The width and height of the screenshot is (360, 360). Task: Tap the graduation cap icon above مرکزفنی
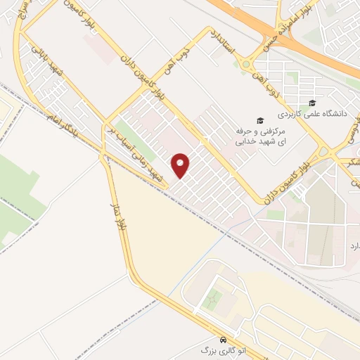tap(259, 121)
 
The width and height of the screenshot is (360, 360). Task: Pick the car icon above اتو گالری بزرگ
tap(223, 338)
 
